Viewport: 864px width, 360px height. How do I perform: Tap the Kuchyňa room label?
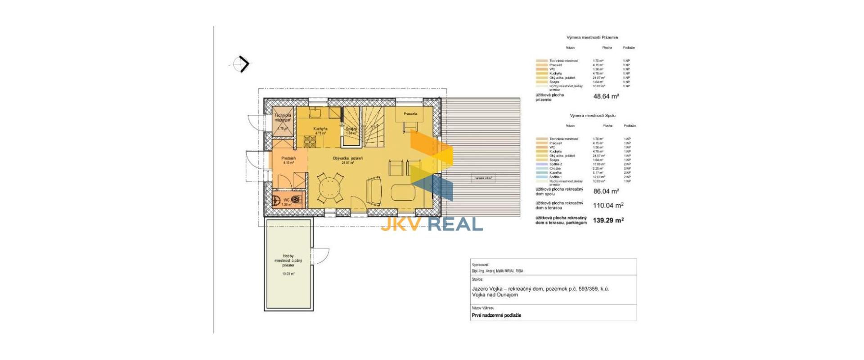[x=320, y=129]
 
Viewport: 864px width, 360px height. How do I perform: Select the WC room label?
[x=286, y=200]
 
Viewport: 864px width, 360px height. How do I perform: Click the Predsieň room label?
[x=288, y=158]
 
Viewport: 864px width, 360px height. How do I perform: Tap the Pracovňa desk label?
[x=410, y=114]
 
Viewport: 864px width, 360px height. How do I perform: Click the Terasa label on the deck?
[x=483, y=178]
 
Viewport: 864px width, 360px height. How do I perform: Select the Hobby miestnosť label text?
[x=288, y=261]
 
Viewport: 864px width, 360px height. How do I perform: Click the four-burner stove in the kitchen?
[x=310, y=142]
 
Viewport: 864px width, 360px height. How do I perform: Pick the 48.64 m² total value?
[x=606, y=96]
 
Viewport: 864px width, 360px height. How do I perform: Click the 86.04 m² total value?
[x=606, y=191]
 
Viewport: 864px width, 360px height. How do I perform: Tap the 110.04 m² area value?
[x=608, y=206]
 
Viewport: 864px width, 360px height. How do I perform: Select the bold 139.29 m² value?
[x=608, y=220]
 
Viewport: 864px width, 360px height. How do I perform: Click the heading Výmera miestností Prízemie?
[x=592, y=38]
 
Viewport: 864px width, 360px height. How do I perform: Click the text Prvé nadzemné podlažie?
[x=496, y=315]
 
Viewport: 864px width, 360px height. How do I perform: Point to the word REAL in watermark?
[x=455, y=224]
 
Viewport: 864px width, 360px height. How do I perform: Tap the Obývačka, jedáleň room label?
[x=348, y=158]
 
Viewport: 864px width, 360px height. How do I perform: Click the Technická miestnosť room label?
[x=283, y=118]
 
